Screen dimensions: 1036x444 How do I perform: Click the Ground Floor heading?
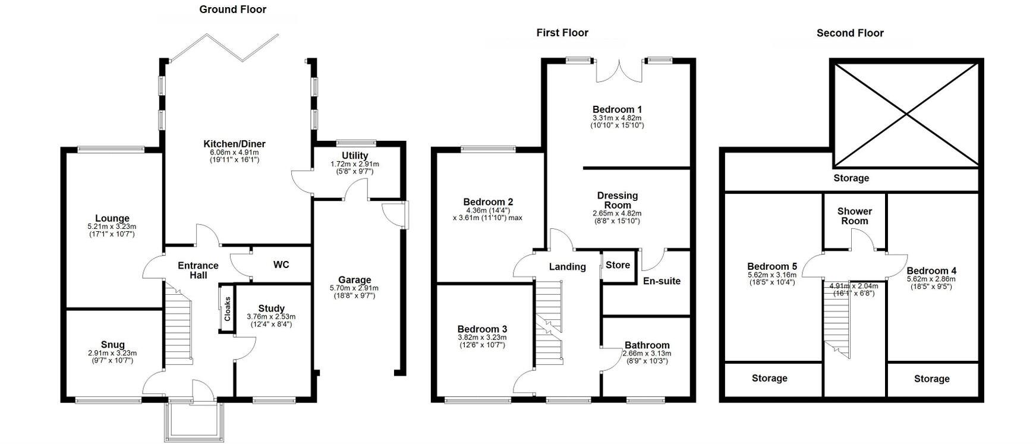click(x=232, y=10)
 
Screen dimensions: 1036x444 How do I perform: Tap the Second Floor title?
click(x=850, y=33)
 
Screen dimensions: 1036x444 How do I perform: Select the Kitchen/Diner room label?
click(x=234, y=144)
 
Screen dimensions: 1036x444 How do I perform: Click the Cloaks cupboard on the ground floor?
click(x=227, y=308)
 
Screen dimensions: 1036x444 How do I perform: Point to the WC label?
click(x=281, y=264)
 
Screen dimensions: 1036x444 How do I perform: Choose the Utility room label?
click(x=355, y=156)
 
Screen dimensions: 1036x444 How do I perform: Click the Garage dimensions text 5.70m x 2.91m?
click(x=354, y=288)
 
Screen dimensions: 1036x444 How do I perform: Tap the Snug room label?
click(x=113, y=345)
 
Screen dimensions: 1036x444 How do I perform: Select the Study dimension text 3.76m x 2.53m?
click(x=271, y=317)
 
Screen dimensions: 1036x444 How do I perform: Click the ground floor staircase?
click(x=178, y=324)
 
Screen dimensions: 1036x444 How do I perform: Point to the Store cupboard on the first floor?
click(x=618, y=266)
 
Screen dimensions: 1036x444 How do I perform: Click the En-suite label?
click(x=662, y=281)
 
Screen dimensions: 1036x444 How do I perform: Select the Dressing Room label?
click(x=618, y=200)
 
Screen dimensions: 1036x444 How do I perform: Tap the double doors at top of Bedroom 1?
click(x=620, y=70)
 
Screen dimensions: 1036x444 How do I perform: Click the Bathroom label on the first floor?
click(x=647, y=345)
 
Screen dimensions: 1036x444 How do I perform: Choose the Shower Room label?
click(x=855, y=216)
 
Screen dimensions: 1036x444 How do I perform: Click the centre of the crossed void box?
click(x=906, y=114)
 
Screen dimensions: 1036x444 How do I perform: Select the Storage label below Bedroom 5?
click(x=769, y=378)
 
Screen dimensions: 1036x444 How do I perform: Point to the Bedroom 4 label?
click(x=931, y=271)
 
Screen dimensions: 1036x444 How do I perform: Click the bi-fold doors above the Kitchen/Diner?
click(x=223, y=48)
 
